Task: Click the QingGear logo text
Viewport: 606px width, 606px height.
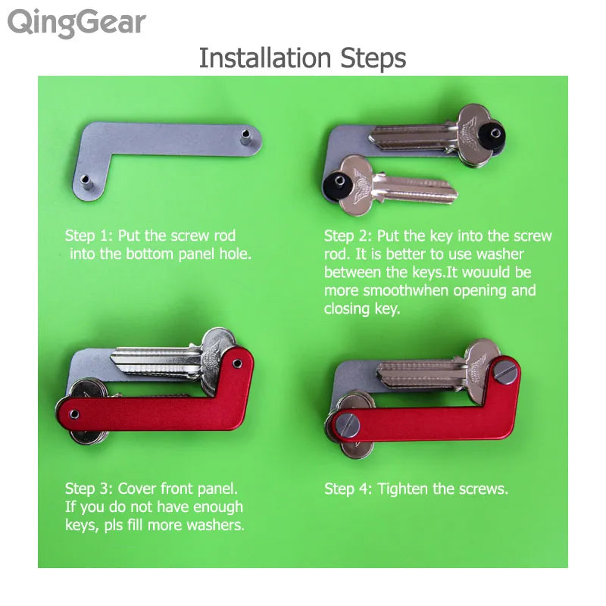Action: pyautogui.click(x=76, y=23)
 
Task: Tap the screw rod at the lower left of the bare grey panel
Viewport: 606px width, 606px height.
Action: pyautogui.click(x=86, y=181)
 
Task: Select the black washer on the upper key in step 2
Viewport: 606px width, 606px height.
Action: pyautogui.click(x=497, y=130)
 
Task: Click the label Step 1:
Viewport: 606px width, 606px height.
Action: pyautogui.click(x=89, y=236)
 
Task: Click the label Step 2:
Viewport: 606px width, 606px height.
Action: pyautogui.click(x=348, y=236)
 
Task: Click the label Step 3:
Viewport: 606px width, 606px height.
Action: pyautogui.click(x=89, y=489)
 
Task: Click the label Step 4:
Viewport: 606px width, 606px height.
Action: pyautogui.click(x=348, y=489)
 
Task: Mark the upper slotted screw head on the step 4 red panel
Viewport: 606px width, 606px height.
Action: pyautogui.click(x=504, y=371)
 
